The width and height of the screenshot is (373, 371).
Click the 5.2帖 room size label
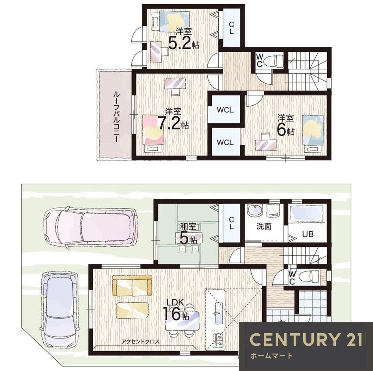click(184, 39)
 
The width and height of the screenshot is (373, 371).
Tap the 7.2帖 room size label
click(174, 119)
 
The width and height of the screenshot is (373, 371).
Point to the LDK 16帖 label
click(176, 310)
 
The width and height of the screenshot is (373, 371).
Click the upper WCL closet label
click(225, 110)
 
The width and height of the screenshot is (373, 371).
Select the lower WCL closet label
click(225, 142)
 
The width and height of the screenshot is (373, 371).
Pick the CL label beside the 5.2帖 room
click(232, 28)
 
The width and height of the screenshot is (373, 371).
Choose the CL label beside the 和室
click(232, 223)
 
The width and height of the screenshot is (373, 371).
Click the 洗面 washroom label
click(264, 226)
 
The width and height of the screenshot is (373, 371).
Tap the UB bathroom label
click(308, 234)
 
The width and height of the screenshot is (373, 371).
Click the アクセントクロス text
click(140, 342)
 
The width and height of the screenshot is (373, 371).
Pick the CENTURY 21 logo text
click(306, 339)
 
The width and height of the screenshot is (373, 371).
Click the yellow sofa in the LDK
click(132, 286)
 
